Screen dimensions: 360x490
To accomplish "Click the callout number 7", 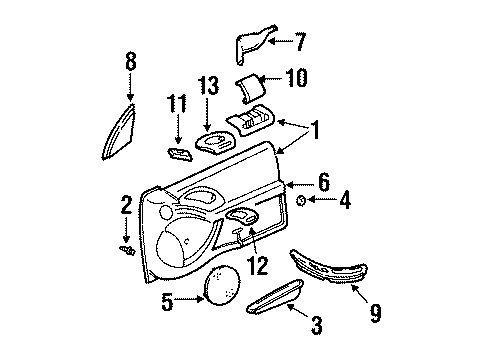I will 301,42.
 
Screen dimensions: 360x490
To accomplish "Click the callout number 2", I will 126,207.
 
